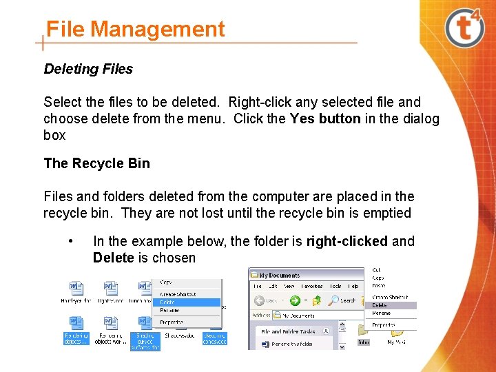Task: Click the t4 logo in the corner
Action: (x=465, y=27)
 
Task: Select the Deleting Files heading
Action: (x=88, y=69)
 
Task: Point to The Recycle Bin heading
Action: (x=96, y=163)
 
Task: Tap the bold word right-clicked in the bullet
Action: (x=347, y=241)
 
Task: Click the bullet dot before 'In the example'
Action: (x=71, y=241)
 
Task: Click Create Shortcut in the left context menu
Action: (x=178, y=294)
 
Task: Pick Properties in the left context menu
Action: (x=172, y=322)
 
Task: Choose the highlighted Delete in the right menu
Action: (x=380, y=305)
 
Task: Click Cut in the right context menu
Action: (x=376, y=270)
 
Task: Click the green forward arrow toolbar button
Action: (x=295, y=300)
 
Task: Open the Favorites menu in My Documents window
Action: (x=311, y=286)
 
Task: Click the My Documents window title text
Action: (x=280, y=275)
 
